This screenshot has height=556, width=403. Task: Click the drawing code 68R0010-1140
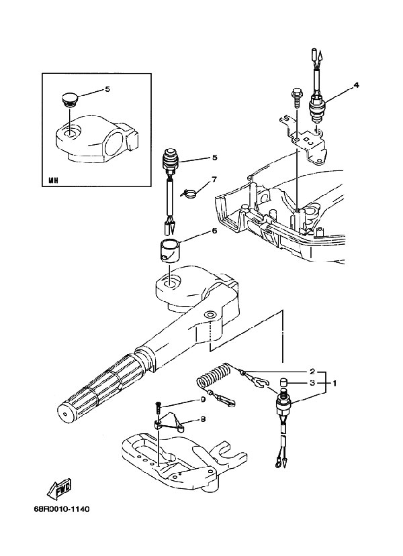pyautogui.click(x=62, y=509)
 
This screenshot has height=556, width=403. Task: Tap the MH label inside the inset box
pyautogui.click(x=53, y=180)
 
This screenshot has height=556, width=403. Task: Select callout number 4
pyautogui.click(x=356, y=85)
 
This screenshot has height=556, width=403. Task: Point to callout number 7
pyautogui.click(x=214, y=179)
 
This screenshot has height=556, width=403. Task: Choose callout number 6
pyautogui.click(x=214, y=231)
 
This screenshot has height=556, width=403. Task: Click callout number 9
pyautogui.click(x=203, y=399)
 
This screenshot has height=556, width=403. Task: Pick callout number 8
pyautogui.click(x=203, y=419)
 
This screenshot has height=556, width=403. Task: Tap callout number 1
pyautogui.click(x=334, y=383)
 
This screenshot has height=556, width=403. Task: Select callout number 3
pyautogui.click(x=312, y=383)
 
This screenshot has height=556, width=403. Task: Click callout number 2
pyautogui.click(x=312, y=372)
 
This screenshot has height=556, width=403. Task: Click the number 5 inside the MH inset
pyautogui.click(x=107, y=89)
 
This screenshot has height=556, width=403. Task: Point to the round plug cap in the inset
pyautogui.click(x=69, y=100)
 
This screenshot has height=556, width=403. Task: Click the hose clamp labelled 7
pyautogui.click(x=189, y=194)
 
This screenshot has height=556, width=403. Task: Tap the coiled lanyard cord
pyautogui.click(x=213, y=377)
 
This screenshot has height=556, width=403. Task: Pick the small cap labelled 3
pyautogui.click(x=283, y=383)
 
